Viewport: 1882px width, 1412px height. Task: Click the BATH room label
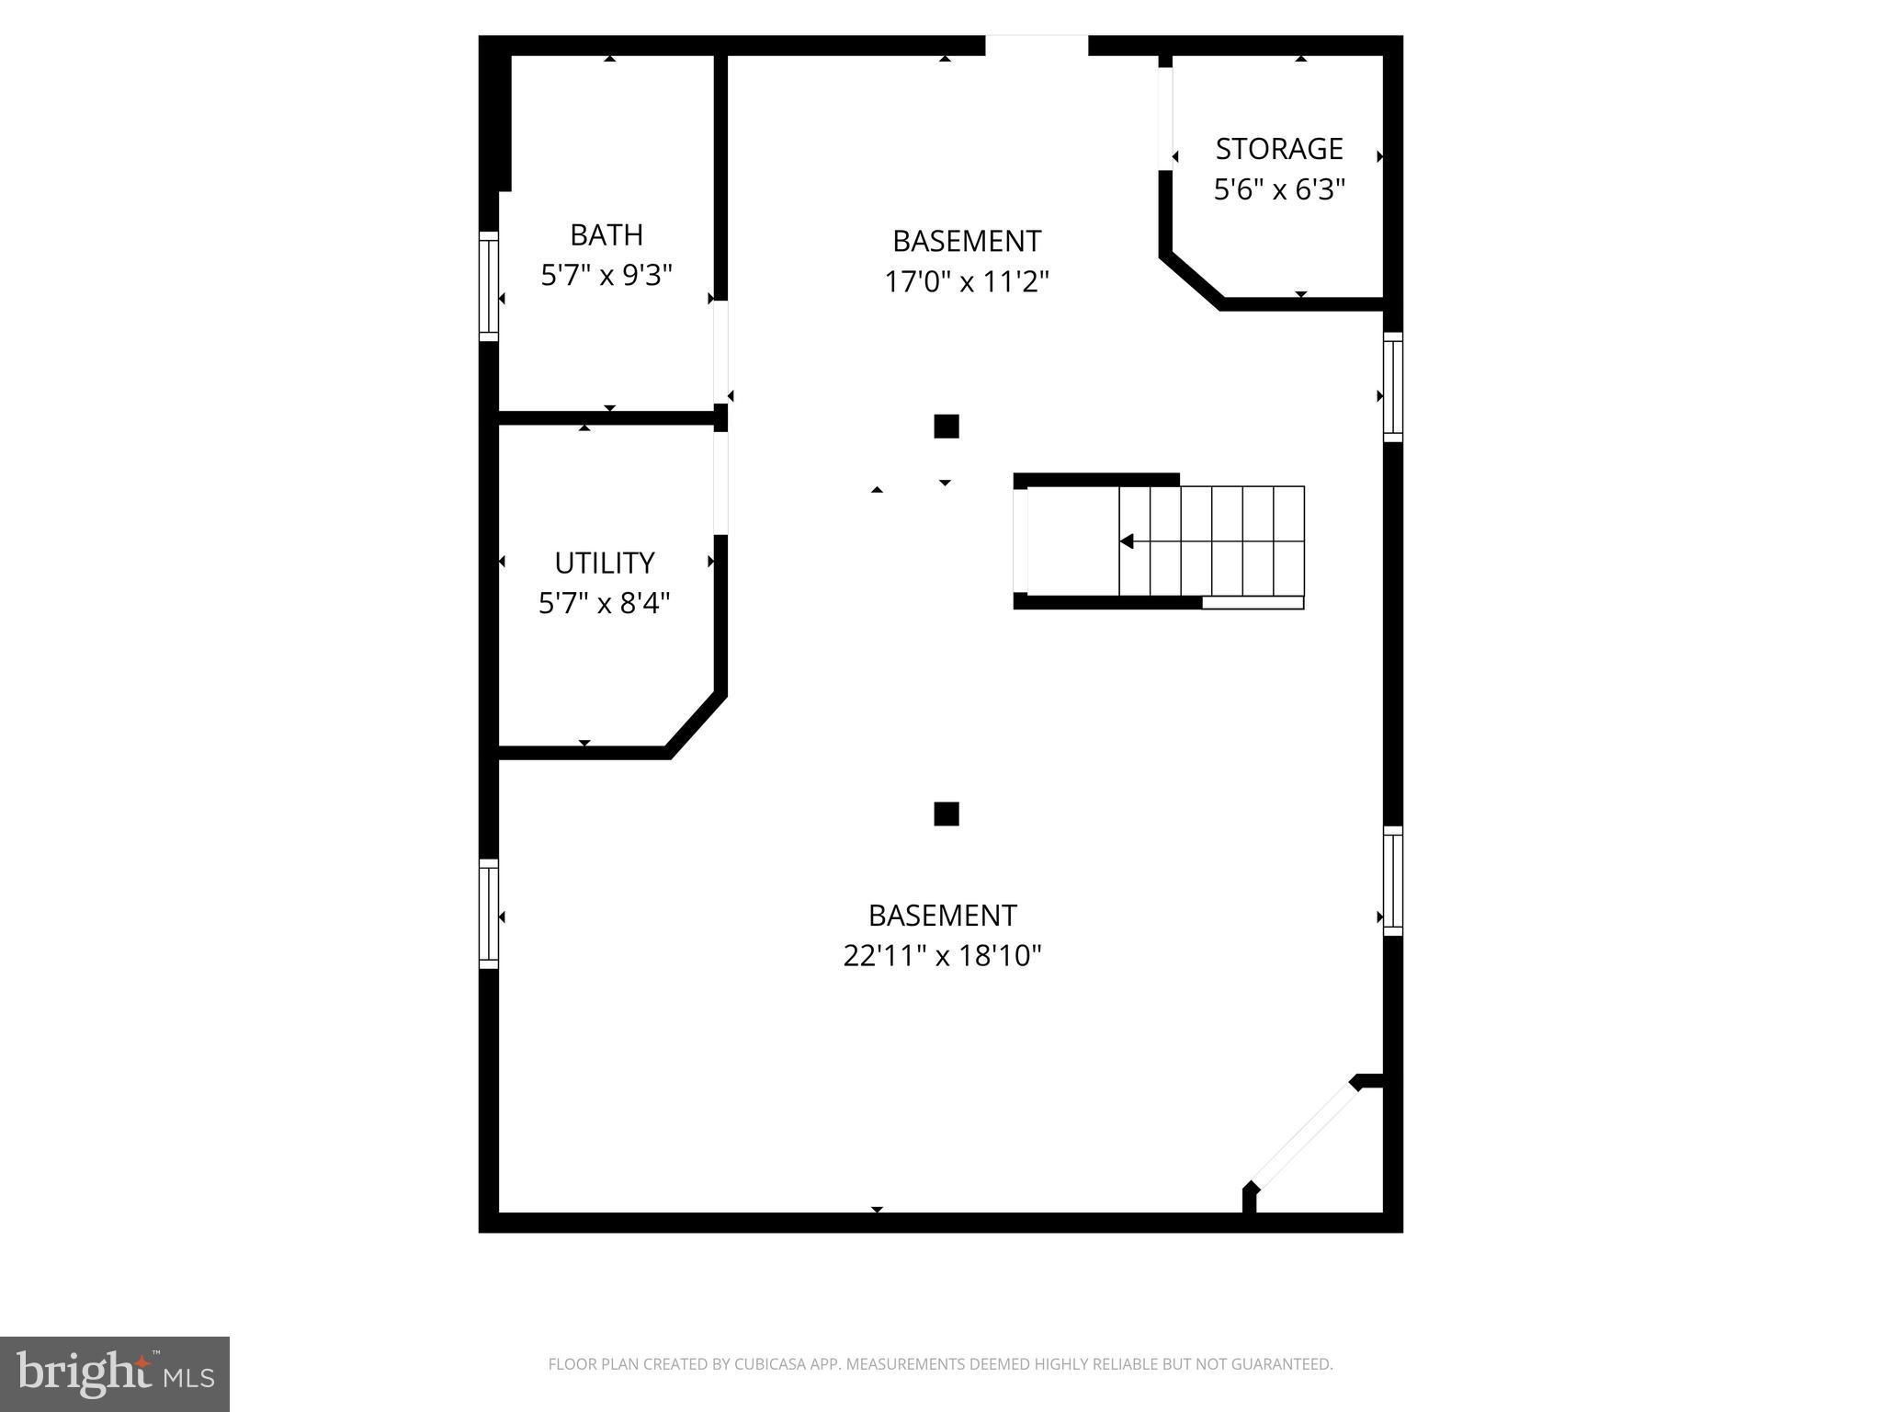point(606,235)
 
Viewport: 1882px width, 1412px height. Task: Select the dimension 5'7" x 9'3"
point(607,275)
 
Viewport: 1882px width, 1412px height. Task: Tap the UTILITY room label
point(604,563)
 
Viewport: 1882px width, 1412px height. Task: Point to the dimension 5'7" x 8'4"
point(604,603)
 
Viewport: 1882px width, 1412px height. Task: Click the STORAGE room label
point(1278,149)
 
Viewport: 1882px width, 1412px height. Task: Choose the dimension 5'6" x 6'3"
point(1279,189)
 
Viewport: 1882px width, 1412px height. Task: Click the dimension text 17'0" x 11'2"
point(966,280)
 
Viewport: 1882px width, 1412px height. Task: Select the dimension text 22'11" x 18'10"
point(942,956)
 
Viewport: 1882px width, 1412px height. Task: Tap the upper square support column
point(946,427)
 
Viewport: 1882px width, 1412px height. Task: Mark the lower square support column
point(946,814)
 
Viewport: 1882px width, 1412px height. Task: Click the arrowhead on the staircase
point(1127,541)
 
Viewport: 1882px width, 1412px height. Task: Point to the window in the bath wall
point(489,286)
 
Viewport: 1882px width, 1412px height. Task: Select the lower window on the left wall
point(489,913)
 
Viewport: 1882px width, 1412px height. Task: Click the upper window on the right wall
point(1392,387)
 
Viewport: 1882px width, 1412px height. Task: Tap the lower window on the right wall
point(1392,881)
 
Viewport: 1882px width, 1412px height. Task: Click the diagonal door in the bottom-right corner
point(1304,1136)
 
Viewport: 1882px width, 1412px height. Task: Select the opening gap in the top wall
point(1037,45)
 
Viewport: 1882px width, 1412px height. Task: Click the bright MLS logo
point(114,1373)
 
